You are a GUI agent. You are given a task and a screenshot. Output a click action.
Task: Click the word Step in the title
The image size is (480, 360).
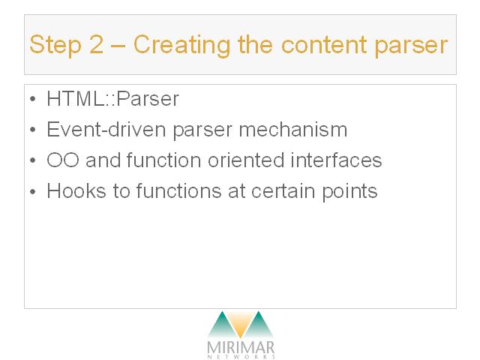click(x=55, y=45)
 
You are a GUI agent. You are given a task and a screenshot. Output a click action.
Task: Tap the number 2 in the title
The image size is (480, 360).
click(x=97, y=43)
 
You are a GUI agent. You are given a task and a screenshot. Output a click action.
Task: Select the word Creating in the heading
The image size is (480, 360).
click(x=181, y=45)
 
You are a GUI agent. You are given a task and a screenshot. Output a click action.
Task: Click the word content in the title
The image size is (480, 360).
click(x=324, y=44)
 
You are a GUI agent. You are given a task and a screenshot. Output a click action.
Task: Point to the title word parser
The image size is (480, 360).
click(x=411, y=46)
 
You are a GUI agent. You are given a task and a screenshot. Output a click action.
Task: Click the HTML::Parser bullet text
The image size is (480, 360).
click(x=112, y=99)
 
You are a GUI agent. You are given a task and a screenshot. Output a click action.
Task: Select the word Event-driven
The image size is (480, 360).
click(x=106, y=130)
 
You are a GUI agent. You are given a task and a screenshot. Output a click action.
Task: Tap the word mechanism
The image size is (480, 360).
click(x=293, y=130)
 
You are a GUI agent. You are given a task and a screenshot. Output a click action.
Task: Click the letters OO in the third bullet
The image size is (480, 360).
click(x=63, y=160)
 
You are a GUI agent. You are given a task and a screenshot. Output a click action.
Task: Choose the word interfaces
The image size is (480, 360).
click(x=336, y=160)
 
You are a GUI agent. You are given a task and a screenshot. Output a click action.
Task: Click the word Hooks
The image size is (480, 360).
click(x=76, y=190)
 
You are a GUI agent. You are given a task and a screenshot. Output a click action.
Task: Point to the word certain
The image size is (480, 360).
click(x=283, y=191)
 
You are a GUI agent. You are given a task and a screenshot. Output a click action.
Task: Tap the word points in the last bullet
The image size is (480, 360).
click(x=349, y=192)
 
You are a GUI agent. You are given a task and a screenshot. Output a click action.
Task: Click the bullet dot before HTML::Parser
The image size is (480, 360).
click(x=33, y=99)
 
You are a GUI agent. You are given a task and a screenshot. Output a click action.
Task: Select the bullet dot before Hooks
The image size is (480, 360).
click(x=33, y=191)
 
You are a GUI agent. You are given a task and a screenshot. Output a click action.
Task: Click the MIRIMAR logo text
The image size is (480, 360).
click(x=241, y=348)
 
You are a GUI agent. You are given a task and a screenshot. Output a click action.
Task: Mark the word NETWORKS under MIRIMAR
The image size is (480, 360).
click(x=241, y=357)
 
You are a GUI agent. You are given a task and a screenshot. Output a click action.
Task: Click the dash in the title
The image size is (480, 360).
click(x=118, y=46)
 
